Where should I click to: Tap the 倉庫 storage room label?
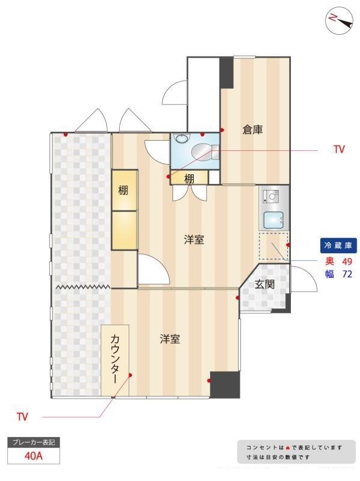252,130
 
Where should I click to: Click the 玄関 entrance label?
264,284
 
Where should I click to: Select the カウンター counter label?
115,358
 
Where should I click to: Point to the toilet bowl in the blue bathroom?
202,152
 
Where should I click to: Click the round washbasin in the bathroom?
181,138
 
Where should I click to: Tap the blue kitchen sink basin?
273,220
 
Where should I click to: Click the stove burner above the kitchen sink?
271,197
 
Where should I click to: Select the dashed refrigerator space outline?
273,247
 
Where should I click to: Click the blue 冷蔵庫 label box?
338,245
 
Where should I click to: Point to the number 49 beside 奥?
347,262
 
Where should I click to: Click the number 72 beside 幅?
347,274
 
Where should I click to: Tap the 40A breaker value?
34,456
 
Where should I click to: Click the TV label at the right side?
339,149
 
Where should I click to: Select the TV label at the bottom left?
22,417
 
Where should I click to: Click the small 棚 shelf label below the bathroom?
189,179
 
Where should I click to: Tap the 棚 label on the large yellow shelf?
123,190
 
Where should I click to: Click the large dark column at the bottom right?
225,385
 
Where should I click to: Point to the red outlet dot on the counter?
130,375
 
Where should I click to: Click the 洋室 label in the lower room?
170,339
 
